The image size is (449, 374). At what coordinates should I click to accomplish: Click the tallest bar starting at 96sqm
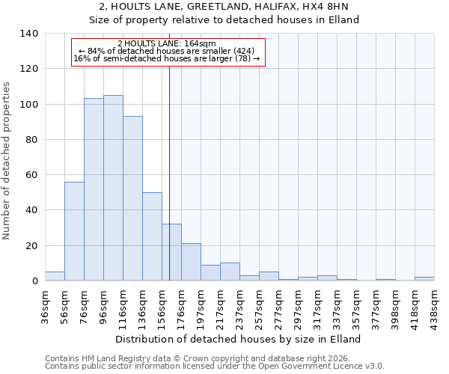113,188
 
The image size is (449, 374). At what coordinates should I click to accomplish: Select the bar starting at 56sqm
74,231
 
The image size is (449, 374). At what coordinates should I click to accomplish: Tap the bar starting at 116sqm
132,198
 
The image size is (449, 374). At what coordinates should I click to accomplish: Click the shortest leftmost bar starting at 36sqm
55,276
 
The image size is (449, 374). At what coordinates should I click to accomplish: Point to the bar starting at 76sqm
94,189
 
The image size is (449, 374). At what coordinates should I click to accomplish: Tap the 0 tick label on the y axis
34,281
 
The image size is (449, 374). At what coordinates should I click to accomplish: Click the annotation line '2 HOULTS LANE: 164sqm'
167,43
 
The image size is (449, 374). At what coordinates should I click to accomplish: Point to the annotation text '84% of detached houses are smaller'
167,51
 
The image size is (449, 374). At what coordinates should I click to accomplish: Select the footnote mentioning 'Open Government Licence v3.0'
215,367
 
